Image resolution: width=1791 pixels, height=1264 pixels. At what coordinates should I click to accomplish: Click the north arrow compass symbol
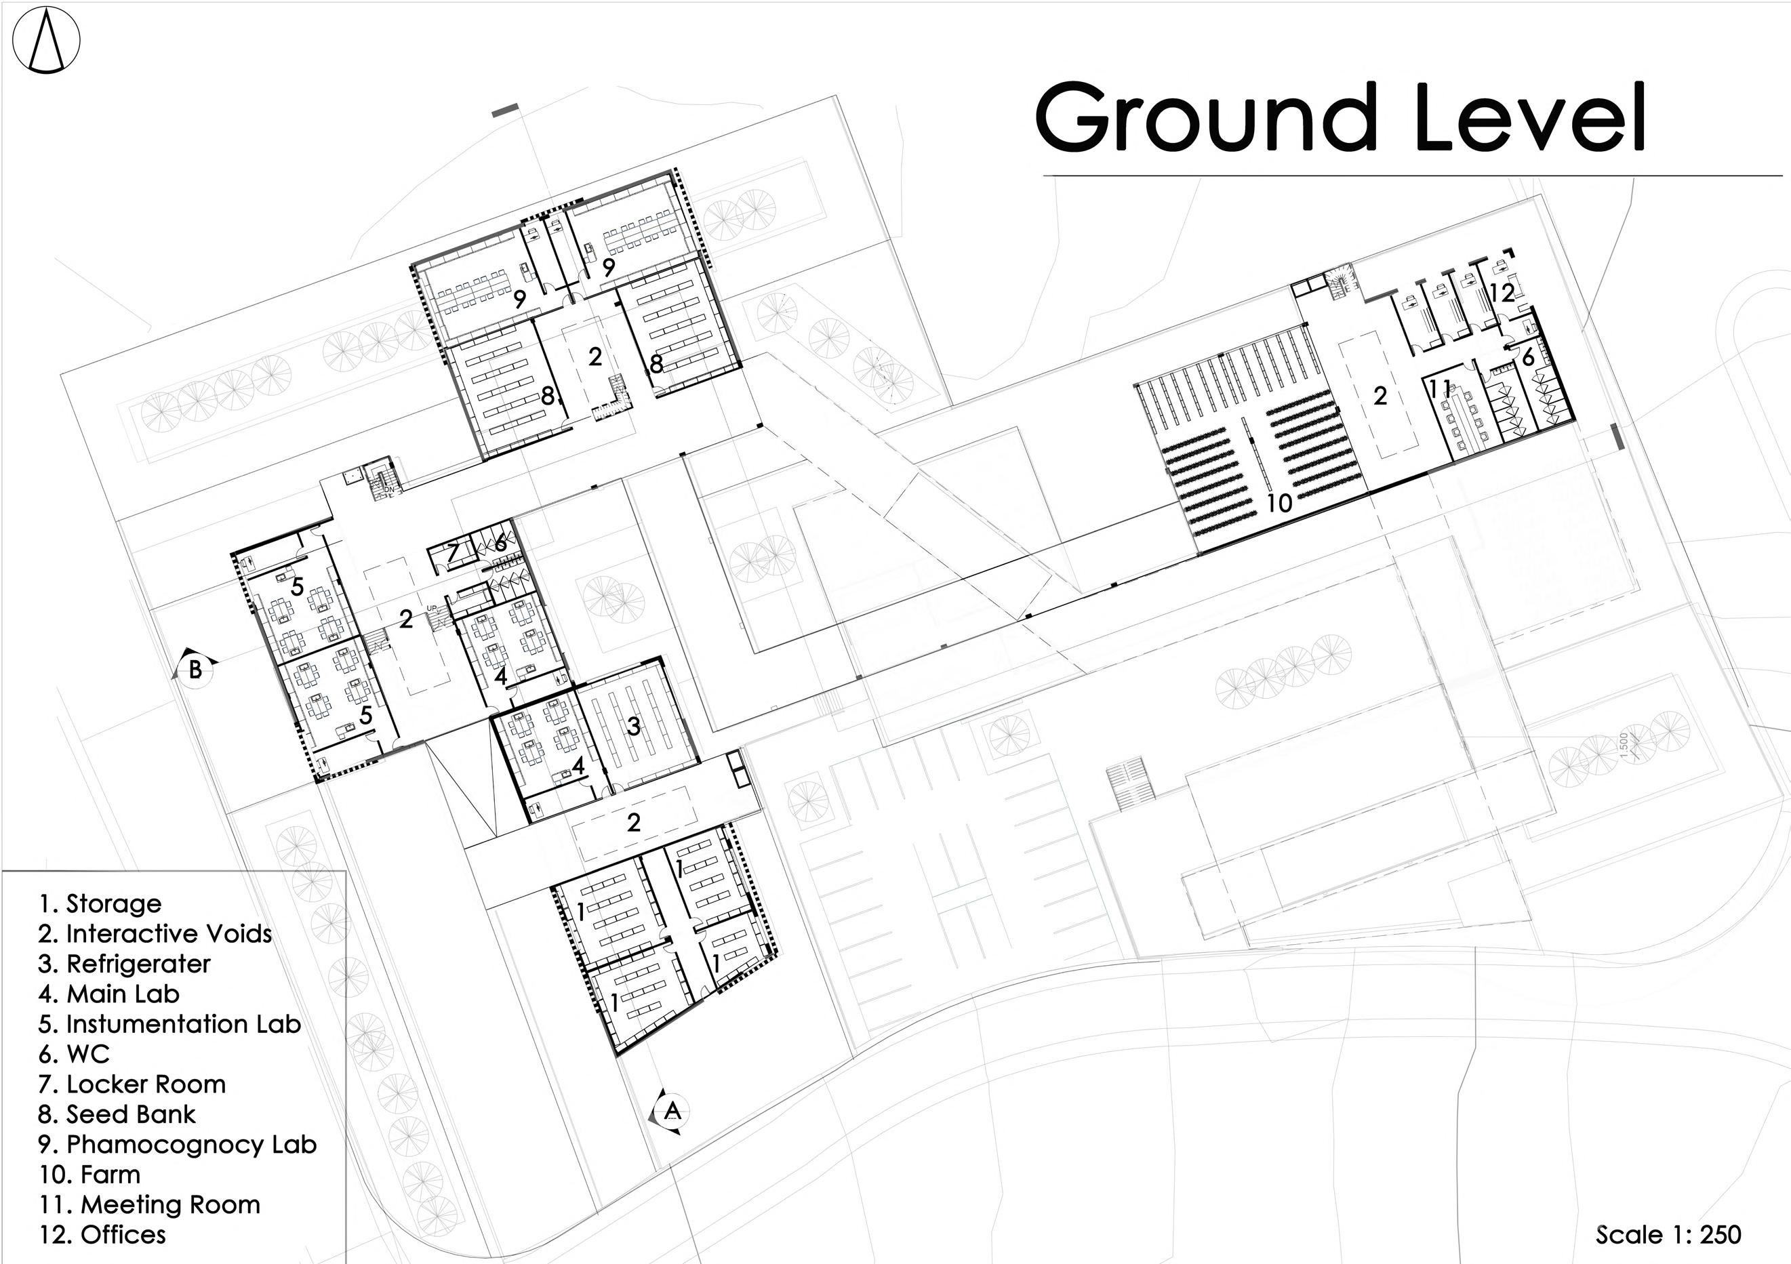coord(46,41)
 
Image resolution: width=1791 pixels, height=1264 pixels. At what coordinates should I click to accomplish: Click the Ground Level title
coord(1340,119)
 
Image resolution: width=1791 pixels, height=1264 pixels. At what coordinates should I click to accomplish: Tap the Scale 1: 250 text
coord(1668,1234)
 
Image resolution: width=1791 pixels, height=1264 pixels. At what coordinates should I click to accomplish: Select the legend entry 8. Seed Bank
coord(117,1114)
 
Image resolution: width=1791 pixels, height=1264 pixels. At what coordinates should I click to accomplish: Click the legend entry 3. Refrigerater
coord(124,964)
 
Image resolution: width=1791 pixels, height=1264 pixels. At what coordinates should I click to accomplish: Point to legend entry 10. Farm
coord(89,1175)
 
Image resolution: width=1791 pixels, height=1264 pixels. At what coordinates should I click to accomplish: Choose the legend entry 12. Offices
coord(102,1234)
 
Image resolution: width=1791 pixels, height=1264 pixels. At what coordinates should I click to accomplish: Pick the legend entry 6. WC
coord(74,1055)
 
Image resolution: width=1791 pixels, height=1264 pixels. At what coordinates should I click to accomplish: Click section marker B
coord(196,669)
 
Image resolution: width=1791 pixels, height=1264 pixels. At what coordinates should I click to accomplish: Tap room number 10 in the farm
coord(1279,503)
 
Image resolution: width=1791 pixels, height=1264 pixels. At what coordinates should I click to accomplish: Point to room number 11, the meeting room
coord(1440,388)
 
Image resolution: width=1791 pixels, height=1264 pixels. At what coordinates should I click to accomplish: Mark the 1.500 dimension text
coord(1625,745)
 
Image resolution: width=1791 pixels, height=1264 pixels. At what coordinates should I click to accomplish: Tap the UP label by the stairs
coord(431,608)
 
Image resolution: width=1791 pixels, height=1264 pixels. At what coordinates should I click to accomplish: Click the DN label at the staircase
coord(389,489)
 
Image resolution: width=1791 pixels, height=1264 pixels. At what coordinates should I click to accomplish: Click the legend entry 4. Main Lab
coord(108,994)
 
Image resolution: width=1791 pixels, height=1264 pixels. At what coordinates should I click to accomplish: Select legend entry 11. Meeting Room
coord(150,1205)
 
